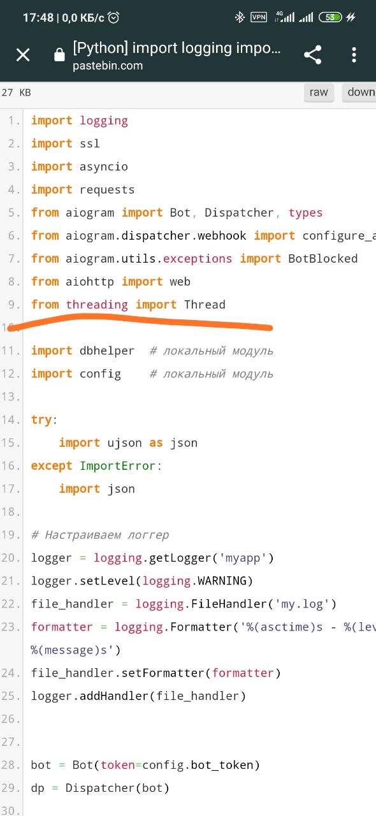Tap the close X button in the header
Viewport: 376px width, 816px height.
[23, 55]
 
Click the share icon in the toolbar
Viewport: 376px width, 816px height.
[313, 55]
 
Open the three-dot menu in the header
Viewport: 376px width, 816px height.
[354, 55]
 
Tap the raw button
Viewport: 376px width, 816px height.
[319, 92]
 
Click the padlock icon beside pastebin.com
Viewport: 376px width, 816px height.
[59, 55]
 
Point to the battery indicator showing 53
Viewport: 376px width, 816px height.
[330, 17]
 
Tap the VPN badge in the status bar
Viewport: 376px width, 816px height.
[259, 17]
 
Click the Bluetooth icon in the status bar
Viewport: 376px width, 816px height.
[240, 17]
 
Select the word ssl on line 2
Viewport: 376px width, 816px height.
[90, 143]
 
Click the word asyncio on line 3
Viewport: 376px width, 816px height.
[104, 167]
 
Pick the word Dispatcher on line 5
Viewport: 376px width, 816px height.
[239, 213]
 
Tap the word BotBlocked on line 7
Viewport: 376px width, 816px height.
[323, 259]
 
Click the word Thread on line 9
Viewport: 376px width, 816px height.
[205, 305]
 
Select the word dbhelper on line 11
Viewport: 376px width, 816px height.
[107, 351]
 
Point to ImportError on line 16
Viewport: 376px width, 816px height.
[118, 466]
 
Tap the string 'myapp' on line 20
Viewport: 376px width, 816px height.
[243, 558]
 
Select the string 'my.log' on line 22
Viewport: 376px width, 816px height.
[302, 604]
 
